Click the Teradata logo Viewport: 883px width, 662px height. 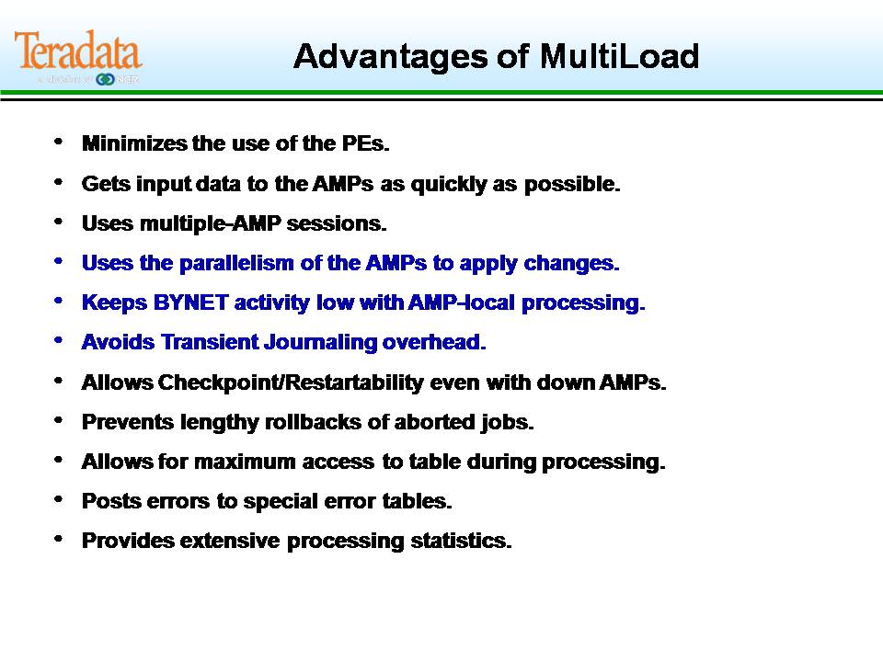[x=78, y=52]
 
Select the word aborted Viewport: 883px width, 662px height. [x=435, y=422]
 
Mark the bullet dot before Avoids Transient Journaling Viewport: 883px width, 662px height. [x=60, y=340]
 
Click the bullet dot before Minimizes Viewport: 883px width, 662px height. [x=60, y=143]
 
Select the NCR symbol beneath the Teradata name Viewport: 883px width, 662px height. [x=105, y=80]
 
